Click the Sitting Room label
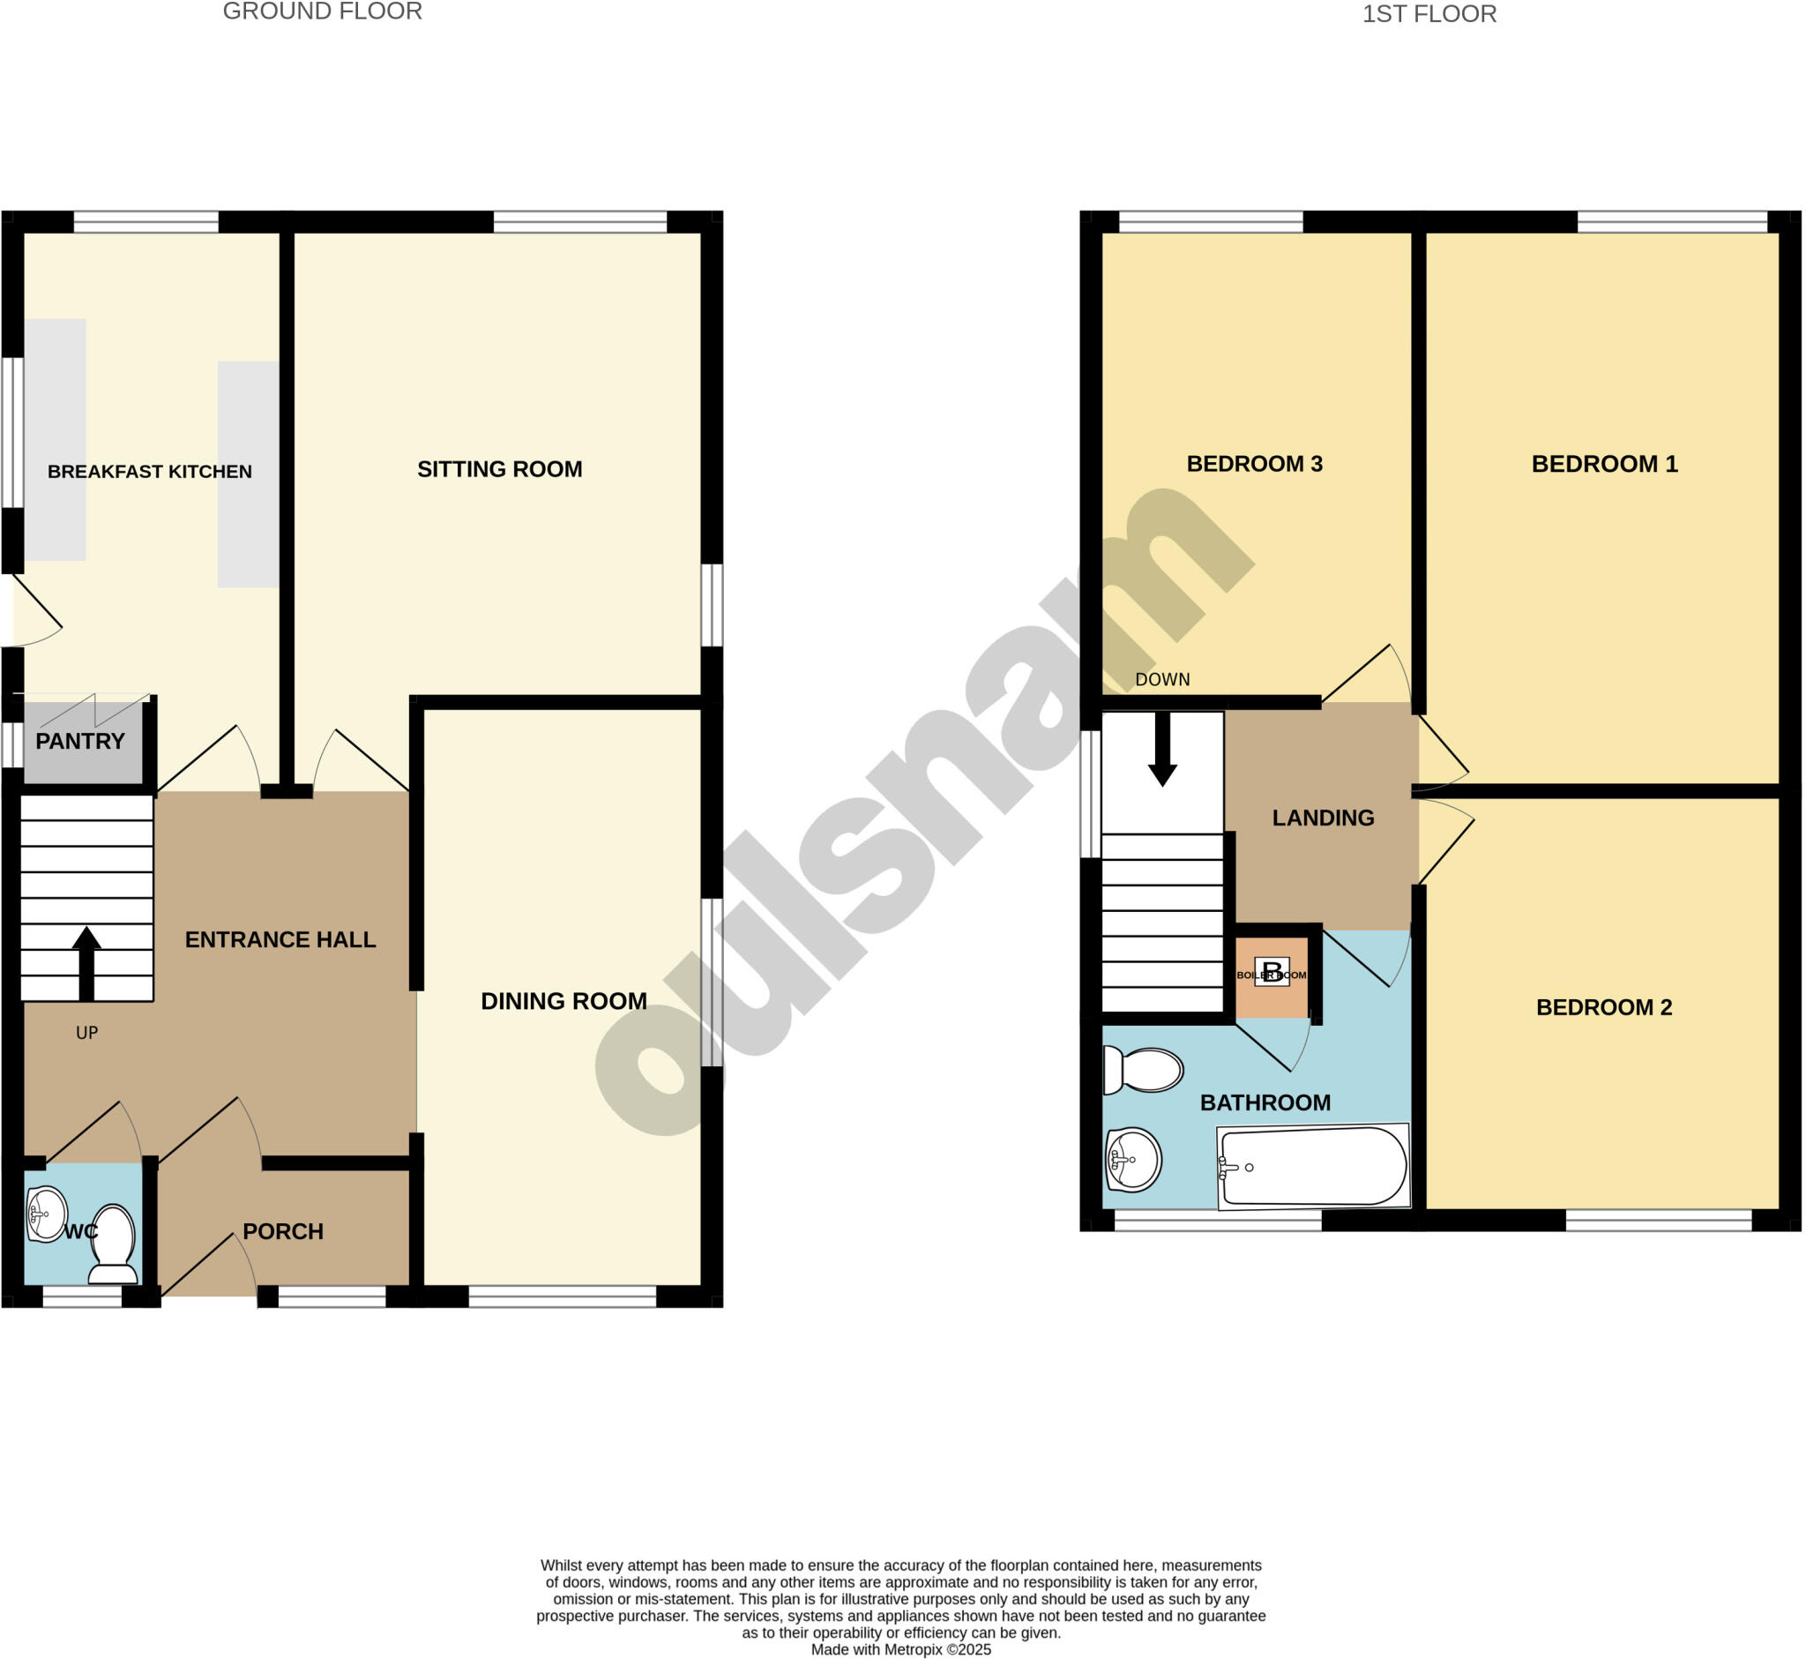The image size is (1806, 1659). pyautogui.click(x=499, y=469)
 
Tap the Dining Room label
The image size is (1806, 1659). pyautogui.click(x=563, y=1001)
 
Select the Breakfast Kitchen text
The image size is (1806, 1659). pyautogui.click(x=150, y=472)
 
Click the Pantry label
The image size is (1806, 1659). pyautogui.click(x=80, y=742)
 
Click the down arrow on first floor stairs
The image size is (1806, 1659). pyautogui.click(x=1162, y=750)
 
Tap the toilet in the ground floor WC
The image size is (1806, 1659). pyautogui.click(x=113, y=1244)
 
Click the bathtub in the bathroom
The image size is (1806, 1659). pyautogui.click(x=1313, y=1166)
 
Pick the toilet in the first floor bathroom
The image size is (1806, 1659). pyautogui.click(x=1144, y=1071)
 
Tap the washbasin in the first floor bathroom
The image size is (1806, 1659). pyautogui.click(x=1133, y=1159)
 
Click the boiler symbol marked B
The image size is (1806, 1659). pyautogui.click(x=1271, y=973)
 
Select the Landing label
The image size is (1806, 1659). pyautogui.click(x=1323, y=818)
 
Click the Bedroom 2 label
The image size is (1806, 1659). pyautogui.click(x=1604, y=1007)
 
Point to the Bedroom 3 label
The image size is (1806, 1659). pyautogui.click(x=1254, y=464)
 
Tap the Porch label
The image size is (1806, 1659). pyautogui.click(x=283, y=1231)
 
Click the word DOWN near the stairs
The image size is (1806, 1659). pyautogui.click(x=1162, y=680)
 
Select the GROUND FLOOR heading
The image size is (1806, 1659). pyautogui.click(x=322, y=11)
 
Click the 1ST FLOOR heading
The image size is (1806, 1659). pyautogui.click(x=1429, y=14)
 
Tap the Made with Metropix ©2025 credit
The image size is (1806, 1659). pyautogui.click(x=901, y=1649)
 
